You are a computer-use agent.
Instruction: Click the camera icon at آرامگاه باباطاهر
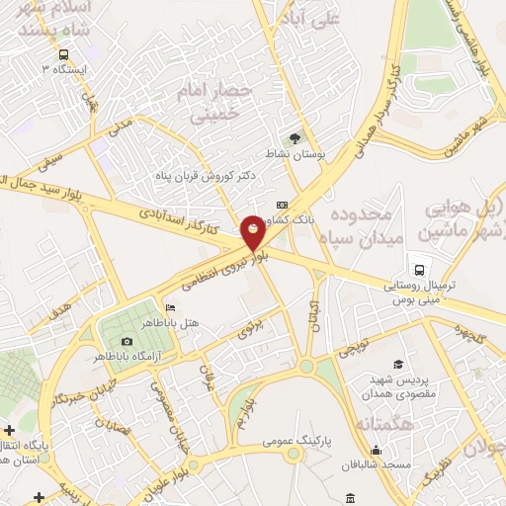126,342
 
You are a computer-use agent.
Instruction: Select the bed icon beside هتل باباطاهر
171,307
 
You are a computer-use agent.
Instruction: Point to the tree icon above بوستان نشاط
293,139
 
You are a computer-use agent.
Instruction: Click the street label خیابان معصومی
168,407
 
